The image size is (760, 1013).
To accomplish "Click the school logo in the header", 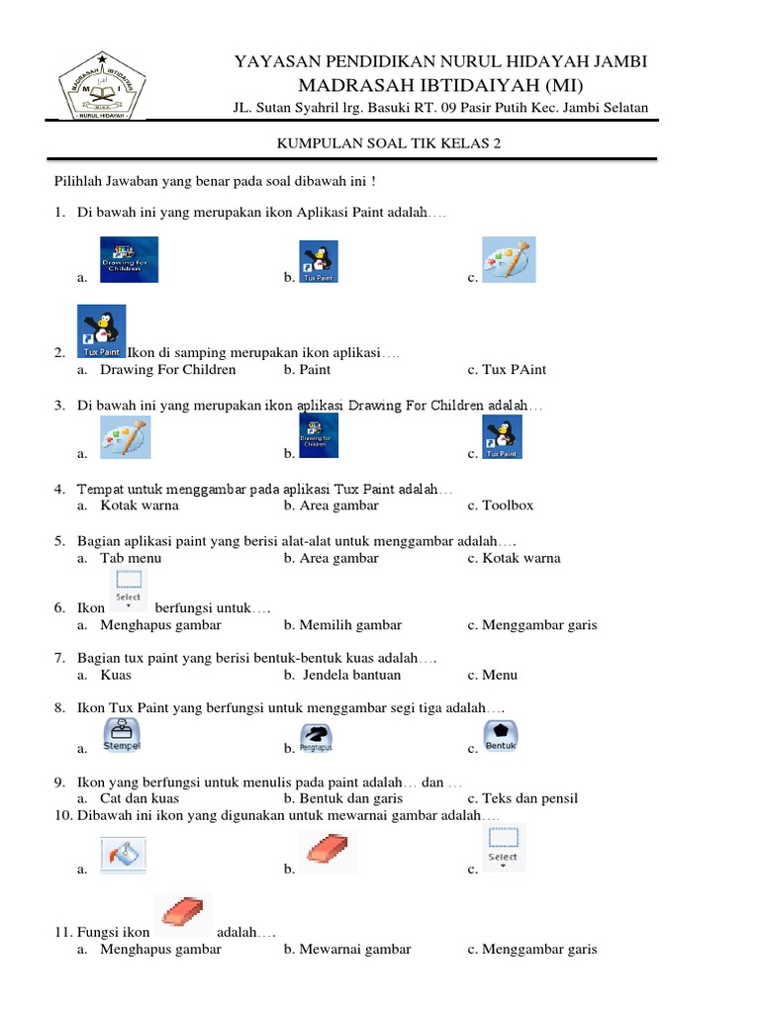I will [x=102, y=86].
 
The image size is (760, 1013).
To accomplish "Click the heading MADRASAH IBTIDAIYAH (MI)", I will [x=440, y=84].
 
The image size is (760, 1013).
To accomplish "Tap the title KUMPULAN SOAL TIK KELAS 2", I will [x=387, y=143].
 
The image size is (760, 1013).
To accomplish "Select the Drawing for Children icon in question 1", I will [x=129, y=260].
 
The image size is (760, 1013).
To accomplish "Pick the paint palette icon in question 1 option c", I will [x=509, y=260].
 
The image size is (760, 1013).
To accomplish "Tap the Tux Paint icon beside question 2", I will [x=102, y=330].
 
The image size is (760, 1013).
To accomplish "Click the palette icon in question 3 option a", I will [x=126, y=437].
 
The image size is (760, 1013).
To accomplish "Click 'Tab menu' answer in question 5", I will [x=131, y=558].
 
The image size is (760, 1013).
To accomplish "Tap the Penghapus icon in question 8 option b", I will [x=316, y=737].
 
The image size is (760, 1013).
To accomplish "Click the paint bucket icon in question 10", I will [x=124, y=854].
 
